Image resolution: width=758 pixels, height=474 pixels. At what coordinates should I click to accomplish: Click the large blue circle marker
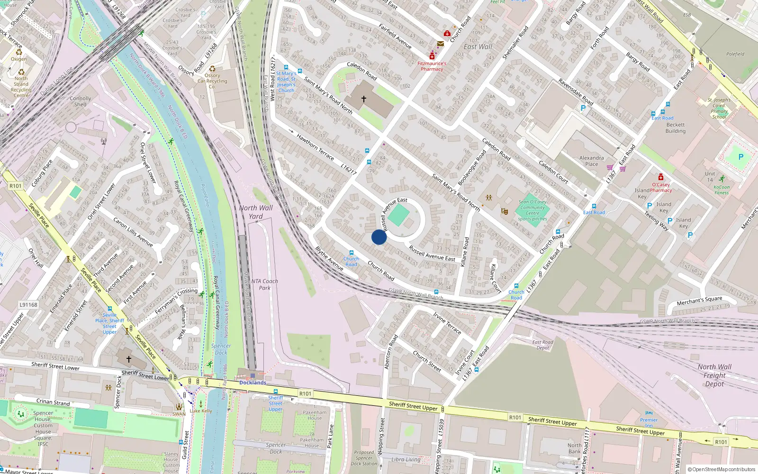click(379, 237)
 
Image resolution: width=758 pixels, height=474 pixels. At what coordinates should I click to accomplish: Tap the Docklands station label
click(253, 383)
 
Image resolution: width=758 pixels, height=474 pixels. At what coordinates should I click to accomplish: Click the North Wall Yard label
click(256, 212)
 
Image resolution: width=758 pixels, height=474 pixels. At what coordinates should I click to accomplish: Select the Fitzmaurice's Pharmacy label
click(432, 66)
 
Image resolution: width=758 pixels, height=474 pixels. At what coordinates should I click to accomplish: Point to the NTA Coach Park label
click(264, 284)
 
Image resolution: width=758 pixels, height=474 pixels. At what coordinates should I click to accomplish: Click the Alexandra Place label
click(591, 161)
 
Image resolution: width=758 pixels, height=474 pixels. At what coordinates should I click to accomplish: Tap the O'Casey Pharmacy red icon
click(660, 177)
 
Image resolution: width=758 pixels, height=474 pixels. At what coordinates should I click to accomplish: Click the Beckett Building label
click(675, 128)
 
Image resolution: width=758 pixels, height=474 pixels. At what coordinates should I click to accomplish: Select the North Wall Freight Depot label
click(714, 375)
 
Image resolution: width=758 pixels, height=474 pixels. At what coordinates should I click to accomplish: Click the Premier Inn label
click(649, 422)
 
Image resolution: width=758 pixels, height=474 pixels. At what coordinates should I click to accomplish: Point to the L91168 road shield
click(28, 305)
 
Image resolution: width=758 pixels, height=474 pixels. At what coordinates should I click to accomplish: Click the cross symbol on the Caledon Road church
click(364, 99)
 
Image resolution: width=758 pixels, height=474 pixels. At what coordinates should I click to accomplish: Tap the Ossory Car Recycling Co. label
click(212, 81)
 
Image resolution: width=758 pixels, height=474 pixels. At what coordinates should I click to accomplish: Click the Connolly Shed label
click(80, 101)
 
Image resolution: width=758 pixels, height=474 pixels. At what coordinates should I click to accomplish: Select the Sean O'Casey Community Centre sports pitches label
click(532, 210)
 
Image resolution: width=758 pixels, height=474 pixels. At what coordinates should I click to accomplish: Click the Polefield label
click(735, 54)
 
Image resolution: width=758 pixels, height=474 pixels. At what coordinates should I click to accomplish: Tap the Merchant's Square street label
click(699, 301)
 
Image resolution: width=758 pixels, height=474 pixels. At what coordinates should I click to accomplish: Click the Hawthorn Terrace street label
click(315, 147)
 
